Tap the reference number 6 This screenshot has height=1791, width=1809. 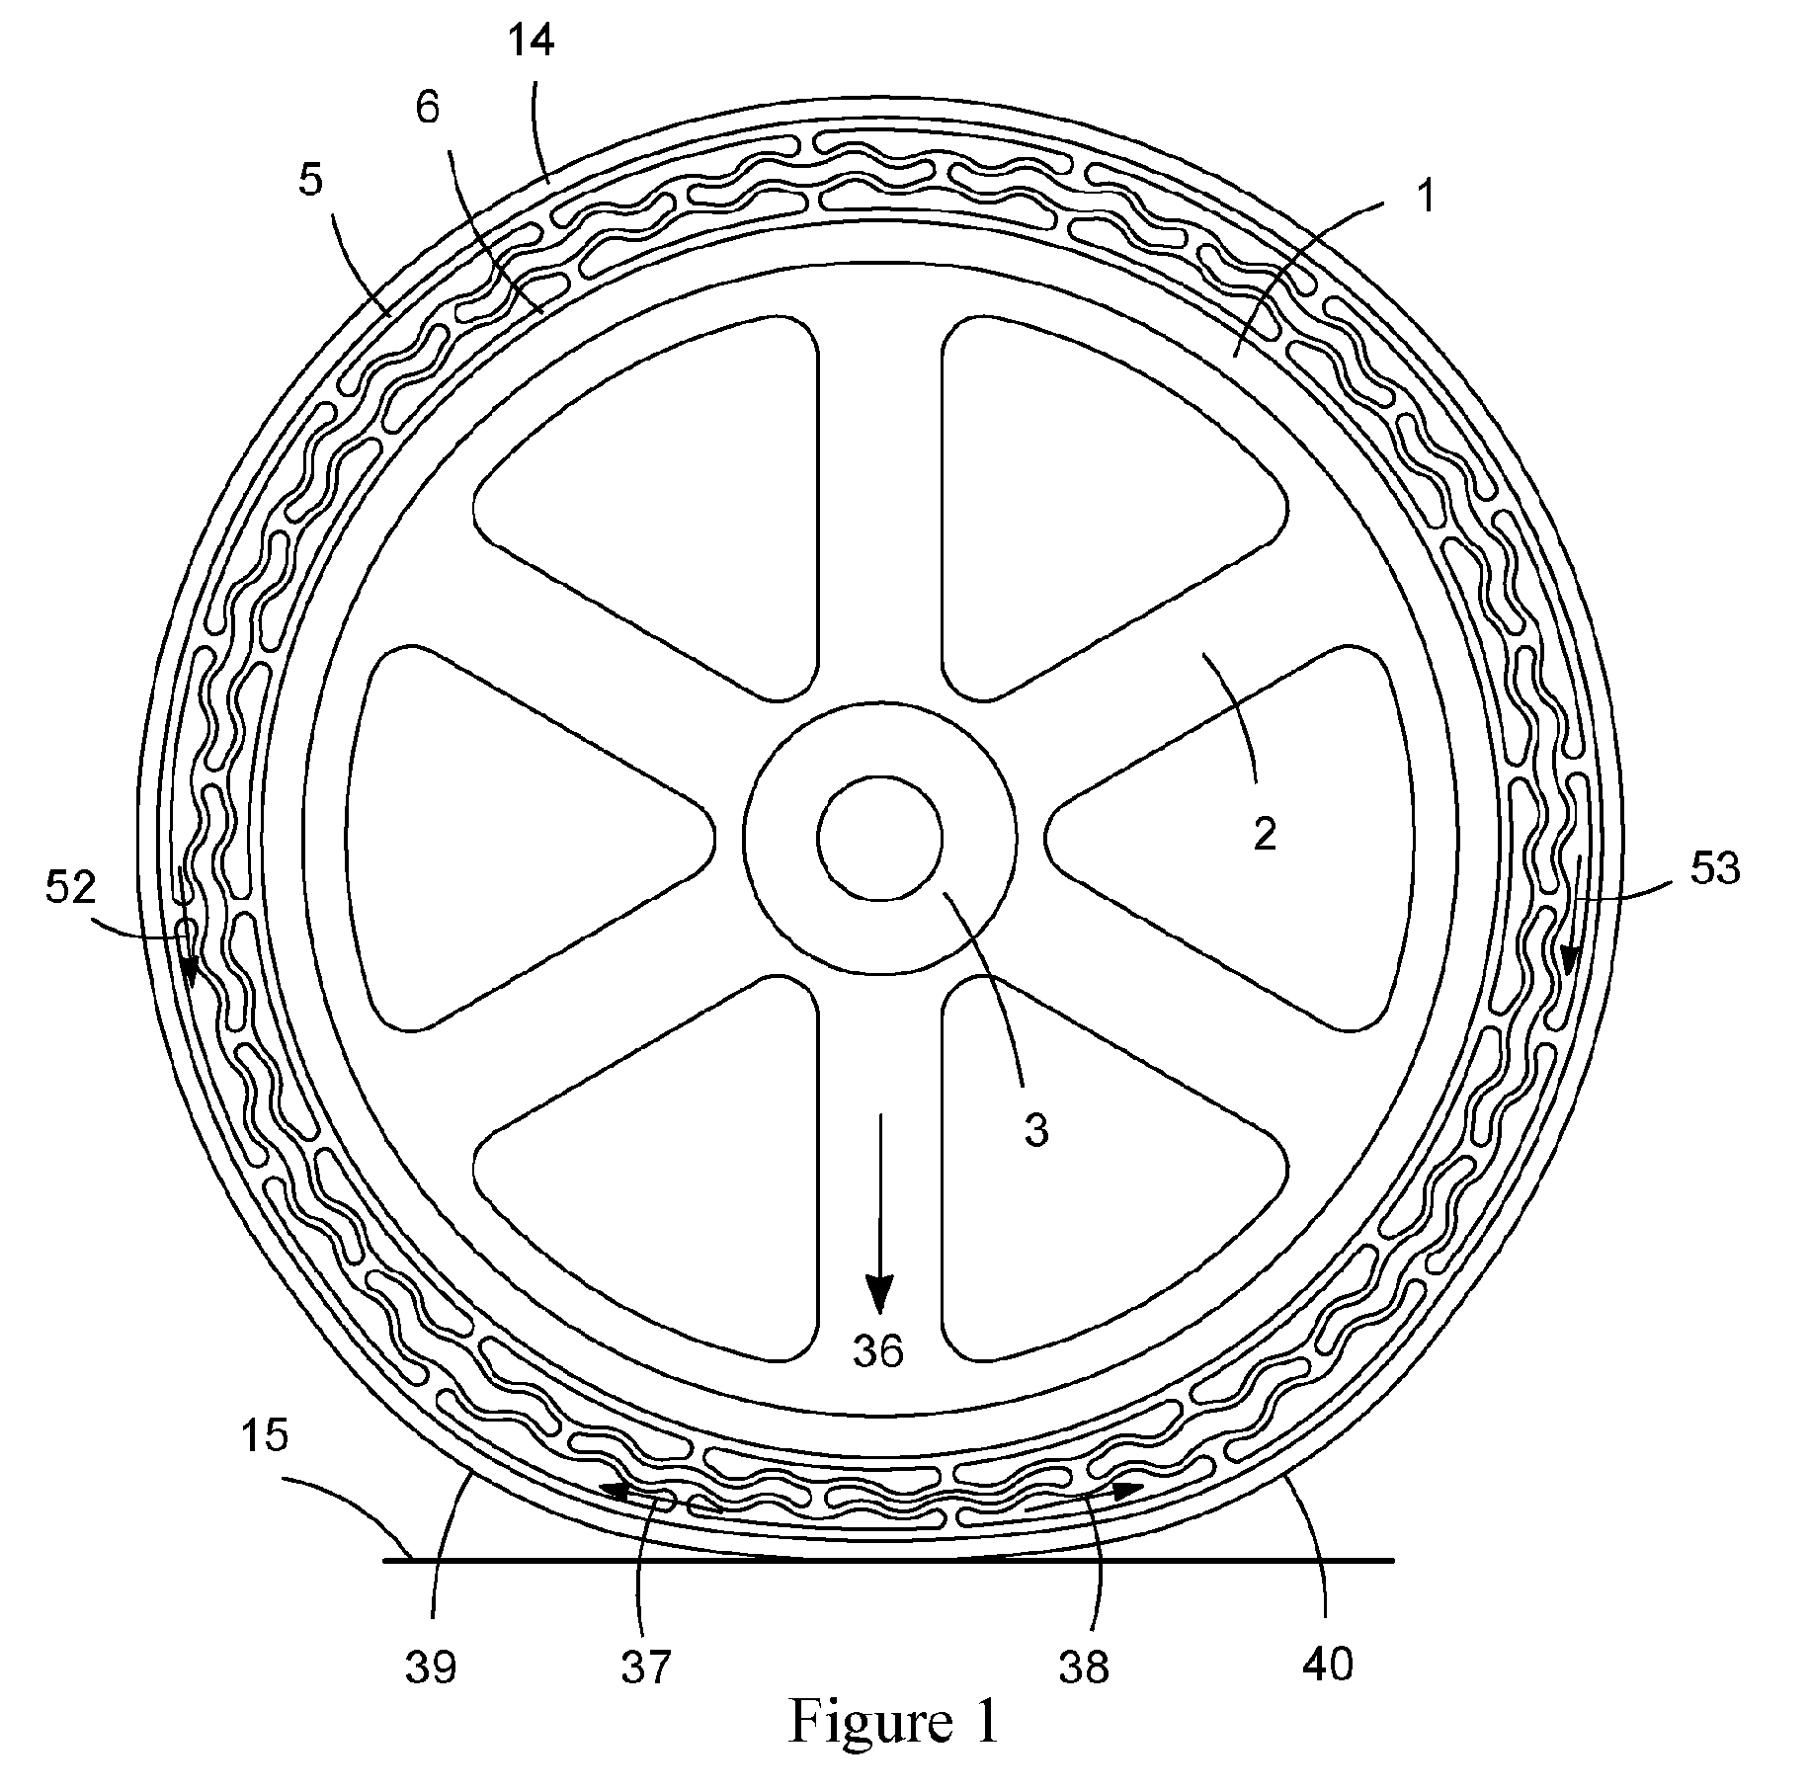427,109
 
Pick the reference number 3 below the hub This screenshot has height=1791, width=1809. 1036,1130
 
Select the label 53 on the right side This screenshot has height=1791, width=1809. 1714,869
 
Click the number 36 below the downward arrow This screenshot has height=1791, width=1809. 879,1350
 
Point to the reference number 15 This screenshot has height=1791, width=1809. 264,1434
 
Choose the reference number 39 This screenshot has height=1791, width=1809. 431,1668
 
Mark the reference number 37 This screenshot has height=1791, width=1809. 646,1668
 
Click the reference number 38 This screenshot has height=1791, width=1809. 1085,1668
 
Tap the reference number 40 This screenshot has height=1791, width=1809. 1327,1666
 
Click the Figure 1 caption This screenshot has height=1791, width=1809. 893,1750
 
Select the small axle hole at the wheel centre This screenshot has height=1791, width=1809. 879,838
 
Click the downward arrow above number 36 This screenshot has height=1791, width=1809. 879,1219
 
